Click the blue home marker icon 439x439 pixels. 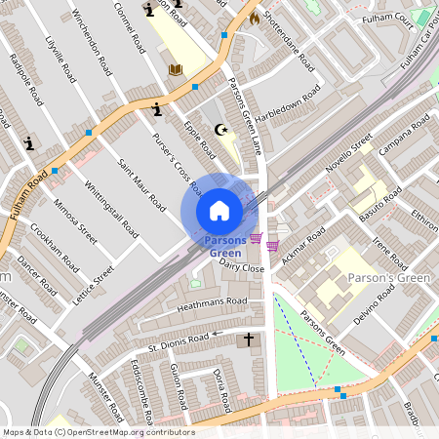pyautogui.click(x=219, y=211)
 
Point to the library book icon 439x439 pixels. pyautogui.click(x=177, y=69)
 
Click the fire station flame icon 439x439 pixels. pyautogui.click(x=255, y=18)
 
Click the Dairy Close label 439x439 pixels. pyautogui.click(x=242, y=266)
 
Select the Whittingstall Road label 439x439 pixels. pyautogui.click(x=109, y=206)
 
